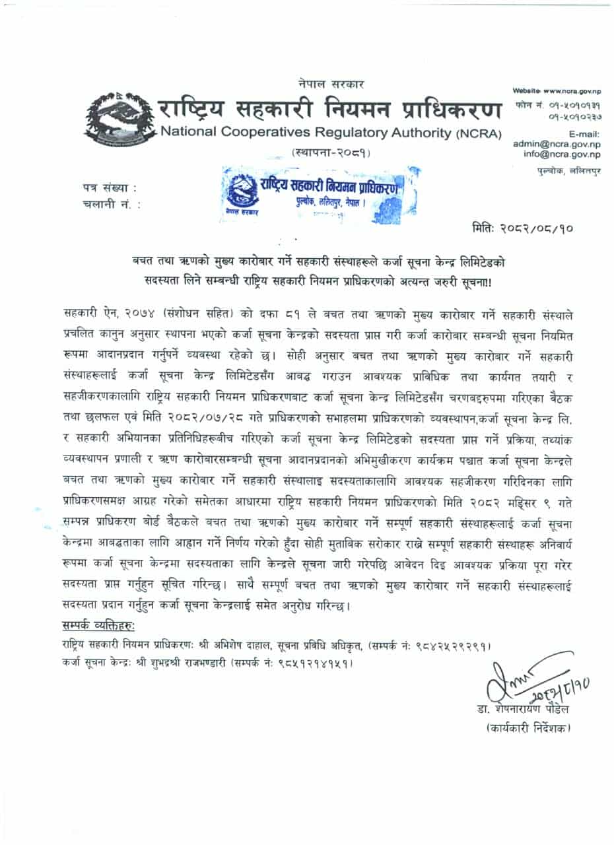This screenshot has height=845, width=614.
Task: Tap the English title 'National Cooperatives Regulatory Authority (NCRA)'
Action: point(330,132)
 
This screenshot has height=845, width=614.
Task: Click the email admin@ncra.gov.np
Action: point(557,143)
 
